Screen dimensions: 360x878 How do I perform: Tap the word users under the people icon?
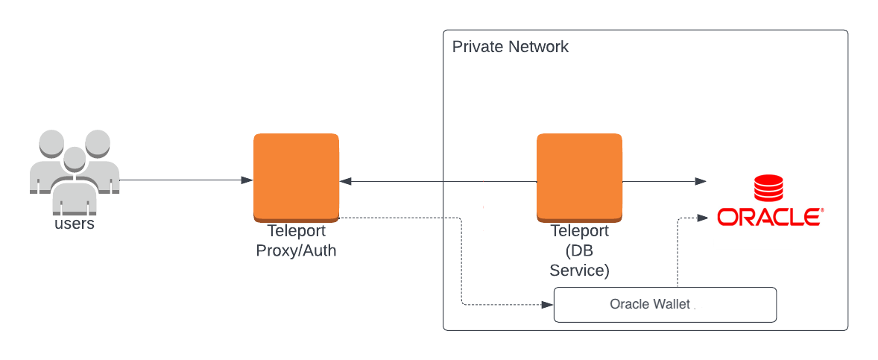click(75, 224)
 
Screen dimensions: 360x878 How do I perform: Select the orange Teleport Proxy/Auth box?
click(296, 177)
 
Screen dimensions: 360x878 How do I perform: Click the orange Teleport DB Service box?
click(579, 177)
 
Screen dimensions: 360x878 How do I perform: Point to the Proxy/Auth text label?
click(296, 250)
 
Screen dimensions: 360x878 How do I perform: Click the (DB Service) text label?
click(579, 260)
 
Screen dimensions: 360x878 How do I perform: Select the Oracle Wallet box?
click(665, 305)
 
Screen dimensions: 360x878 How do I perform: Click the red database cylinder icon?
click(768, 189)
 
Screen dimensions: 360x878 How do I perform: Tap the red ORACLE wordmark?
click(769, 217)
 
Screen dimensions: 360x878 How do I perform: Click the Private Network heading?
click(511, 47)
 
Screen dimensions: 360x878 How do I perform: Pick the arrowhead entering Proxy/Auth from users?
click(247, 180)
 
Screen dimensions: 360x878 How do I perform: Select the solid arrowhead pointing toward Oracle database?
click(701, 180)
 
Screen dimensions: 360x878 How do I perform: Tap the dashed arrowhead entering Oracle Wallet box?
click(548, 305)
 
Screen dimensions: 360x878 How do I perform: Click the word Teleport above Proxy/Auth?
click(296, 232)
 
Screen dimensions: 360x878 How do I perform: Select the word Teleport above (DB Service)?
click(579, 232)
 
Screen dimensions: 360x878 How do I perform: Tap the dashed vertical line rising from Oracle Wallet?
click(678, 253)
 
